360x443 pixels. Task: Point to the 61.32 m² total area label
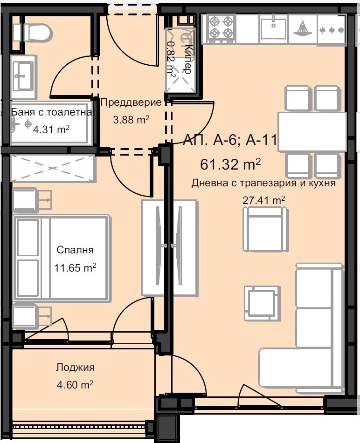pos(230,164)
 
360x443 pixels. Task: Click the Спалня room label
pos(75,250)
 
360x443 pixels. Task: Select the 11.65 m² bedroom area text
pos(75,267)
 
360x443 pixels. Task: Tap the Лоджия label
pos(75,367)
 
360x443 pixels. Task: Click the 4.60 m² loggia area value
pos(75,384)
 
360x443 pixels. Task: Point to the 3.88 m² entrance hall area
pos(131,120)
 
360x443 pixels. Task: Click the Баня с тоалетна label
pos(51,112)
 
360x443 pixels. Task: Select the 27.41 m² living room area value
pos(264,200)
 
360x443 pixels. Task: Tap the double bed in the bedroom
pos(62,258)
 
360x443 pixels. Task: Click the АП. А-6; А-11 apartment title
pos(230,140)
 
